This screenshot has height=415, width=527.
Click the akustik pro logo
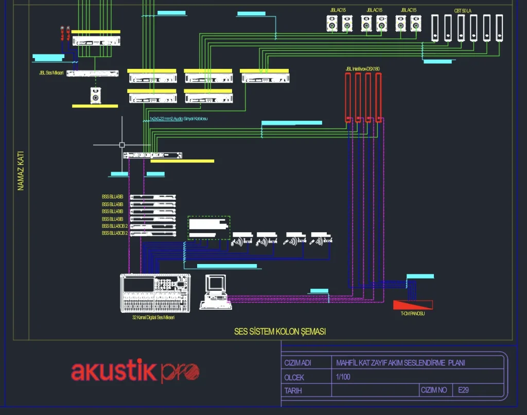pyautogui.click(x=135, y=371)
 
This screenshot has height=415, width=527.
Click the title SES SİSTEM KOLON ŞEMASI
pyautogui.click(x=280, y=331)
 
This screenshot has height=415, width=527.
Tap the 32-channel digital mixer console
pyautogui.click(x=155, y=293)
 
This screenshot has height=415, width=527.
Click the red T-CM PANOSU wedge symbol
pyautogui.click(x=413, y=305)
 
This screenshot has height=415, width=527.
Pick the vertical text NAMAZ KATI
pyautogui.click(x=21, y=171)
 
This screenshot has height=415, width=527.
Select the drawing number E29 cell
pyautogui.click(x=463, y=390)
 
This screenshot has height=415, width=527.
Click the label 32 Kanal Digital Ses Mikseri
pyautogui.click(x=153, y=318)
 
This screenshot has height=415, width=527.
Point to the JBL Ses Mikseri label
pyautogui.click(x=51, y=73)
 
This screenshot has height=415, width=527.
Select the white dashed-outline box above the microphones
pyautogui.click(x=208, y=228)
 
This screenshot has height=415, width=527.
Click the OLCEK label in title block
pyautogui.click(x=294, y=377)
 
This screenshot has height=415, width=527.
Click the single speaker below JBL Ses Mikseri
pyautogui.click(x=95, y=95)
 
